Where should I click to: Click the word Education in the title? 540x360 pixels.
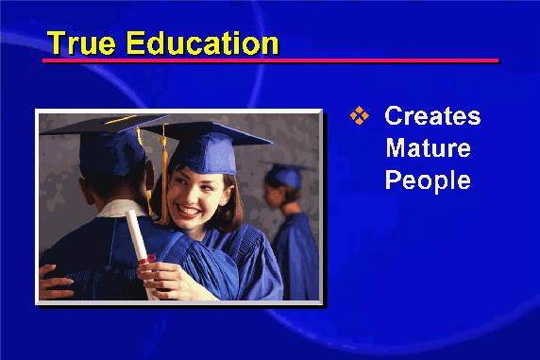[202, 43]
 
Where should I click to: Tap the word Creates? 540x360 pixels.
[432, 115]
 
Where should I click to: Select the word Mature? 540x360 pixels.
[428, 148]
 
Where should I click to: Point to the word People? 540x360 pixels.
[428, 180]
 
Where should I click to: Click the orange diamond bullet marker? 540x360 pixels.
[359, 115]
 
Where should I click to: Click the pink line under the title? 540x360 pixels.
[270, 60]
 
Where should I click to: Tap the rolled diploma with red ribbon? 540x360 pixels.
[141, 250]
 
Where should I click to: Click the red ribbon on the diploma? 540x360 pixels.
[146, 260]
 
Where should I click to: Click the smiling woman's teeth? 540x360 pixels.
[189, 210]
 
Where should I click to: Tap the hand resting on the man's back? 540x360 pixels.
[55, 282]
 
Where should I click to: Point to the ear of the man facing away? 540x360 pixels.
[150, 175]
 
